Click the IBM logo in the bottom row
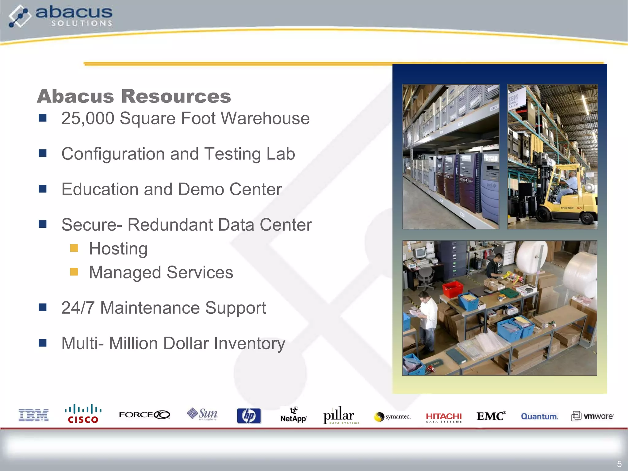[x=33, y=415]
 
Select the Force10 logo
[x=144, y=415]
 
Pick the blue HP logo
[x=249, y=416]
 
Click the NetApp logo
[x=293, y=416]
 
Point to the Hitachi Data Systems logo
[x=444, y=417]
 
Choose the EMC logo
[x=491, y=416]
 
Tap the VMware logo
[x=592, y=416]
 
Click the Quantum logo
[x=539, y=416]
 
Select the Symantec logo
[x=392, y=417]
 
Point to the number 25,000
[x=88, y=118]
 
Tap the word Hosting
[x=118, y=248]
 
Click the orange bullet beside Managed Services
[x=74, y=272]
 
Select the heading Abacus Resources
[x=134, y=96]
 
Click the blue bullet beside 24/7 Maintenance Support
[x=43, y=307]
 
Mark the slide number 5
[x=619, y=464]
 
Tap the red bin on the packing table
[x=453, y=289]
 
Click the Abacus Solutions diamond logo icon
[x=20, y=16]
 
